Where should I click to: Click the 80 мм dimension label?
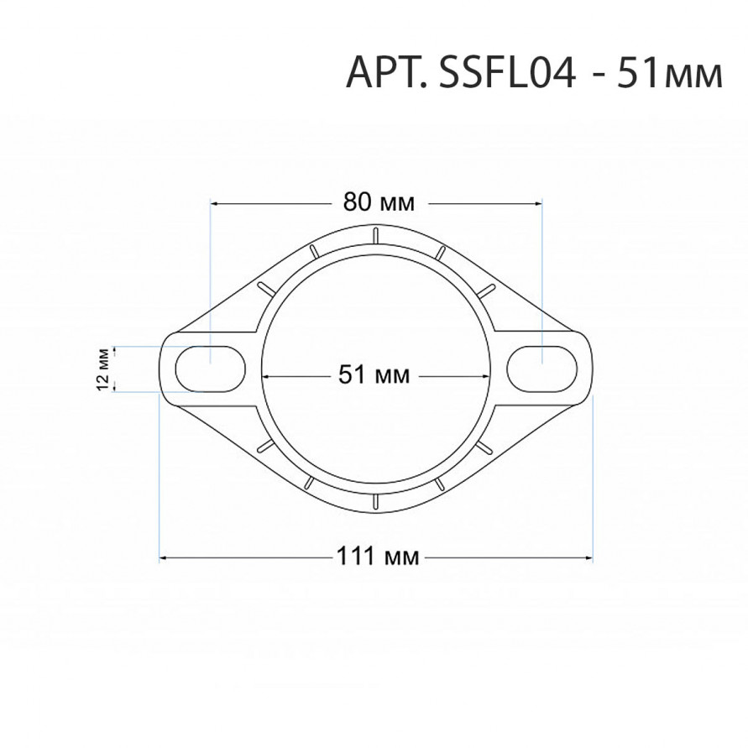[x=379, y=203]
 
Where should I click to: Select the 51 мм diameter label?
[x=374, y=374]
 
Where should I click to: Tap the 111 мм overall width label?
[x=378, y=556]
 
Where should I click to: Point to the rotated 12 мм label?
[x=103, y=369]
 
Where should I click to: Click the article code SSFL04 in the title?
[x=508, y=74]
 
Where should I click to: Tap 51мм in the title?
[x=670, y=74]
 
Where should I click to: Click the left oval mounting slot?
[x=211, y=369]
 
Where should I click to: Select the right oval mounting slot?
[x=542, y=369]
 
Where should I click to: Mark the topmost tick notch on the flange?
[x=376, y=236]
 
